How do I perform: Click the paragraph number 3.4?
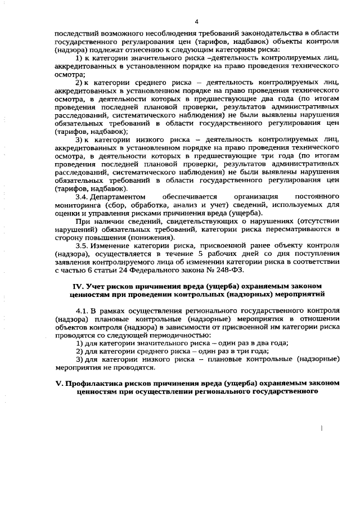coord(82,197)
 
